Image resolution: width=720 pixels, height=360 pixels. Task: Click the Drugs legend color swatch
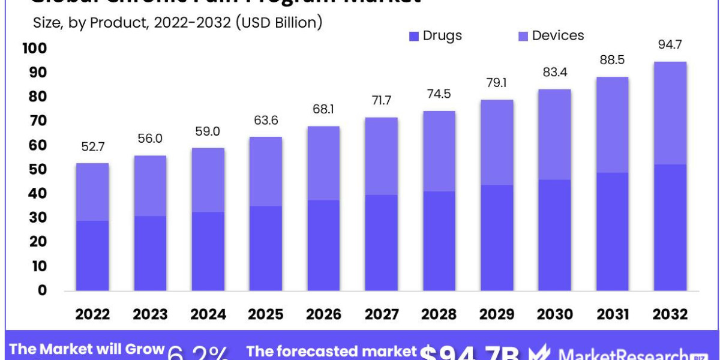pos(414,37)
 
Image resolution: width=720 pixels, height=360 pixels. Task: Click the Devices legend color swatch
pos(522,37)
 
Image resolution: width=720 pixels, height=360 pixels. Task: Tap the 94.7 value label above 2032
pos(670,45)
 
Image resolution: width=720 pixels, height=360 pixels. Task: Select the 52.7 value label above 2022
pos(92,146)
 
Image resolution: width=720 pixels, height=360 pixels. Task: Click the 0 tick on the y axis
pos(42,290)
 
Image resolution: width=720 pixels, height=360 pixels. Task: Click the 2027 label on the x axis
pos(381,314)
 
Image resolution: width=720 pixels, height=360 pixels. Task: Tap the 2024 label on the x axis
pos(208,314)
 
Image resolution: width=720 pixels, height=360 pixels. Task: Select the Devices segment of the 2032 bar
pos(670,113)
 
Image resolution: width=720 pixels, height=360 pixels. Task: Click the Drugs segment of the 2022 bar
pos(92,256)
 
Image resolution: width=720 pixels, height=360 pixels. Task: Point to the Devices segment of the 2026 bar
pos(323,163)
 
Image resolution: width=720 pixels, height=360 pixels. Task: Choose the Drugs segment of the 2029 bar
pos(497,238)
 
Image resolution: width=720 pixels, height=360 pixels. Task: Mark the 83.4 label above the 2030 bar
pos(554,73)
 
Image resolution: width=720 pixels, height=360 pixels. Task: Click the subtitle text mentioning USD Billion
pos(177,23)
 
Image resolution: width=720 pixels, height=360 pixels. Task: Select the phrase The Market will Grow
pos(87,350)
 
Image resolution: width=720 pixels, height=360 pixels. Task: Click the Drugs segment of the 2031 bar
pos(612,232)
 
